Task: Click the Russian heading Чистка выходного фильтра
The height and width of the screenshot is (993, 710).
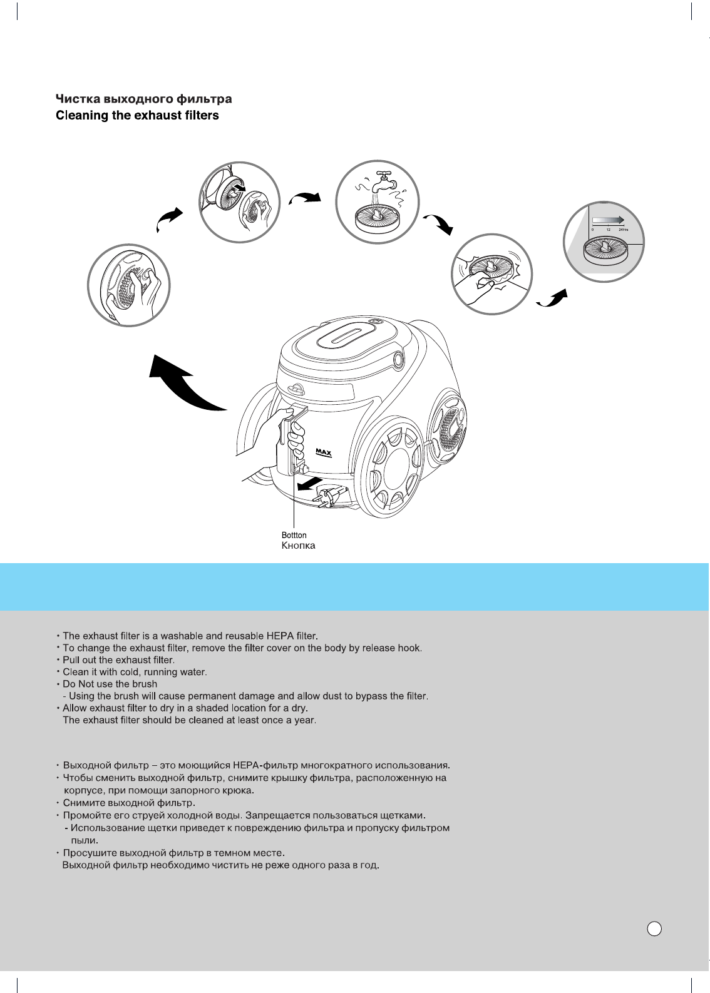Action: (144, 99)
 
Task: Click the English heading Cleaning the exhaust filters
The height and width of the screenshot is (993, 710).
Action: (137, 116)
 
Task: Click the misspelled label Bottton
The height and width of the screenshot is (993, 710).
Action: (294, 536)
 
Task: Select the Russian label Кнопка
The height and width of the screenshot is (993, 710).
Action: (298, 546)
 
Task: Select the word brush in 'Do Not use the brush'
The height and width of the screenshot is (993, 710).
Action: (145, 684)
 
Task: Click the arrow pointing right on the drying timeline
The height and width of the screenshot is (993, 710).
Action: (607, 219)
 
